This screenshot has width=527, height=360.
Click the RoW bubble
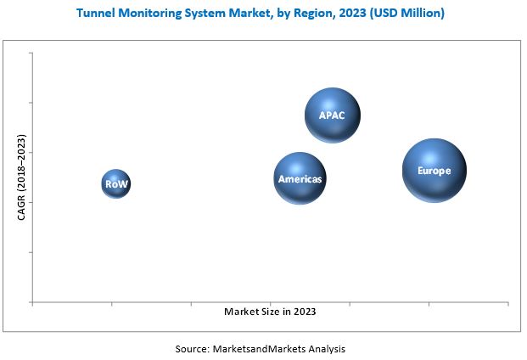point(116,183)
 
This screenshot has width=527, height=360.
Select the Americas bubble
point(300,178)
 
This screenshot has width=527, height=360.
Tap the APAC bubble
point(333,115)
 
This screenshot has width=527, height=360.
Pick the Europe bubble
point(434,170)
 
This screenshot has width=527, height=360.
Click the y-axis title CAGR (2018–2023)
point(22,177)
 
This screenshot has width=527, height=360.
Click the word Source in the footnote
point(193,349)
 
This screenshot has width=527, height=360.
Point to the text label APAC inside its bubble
point(332,115)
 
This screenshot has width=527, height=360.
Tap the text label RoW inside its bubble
point(116,183)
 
